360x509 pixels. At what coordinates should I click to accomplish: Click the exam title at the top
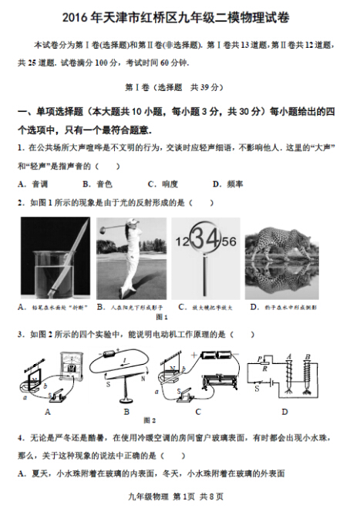click(179, 16)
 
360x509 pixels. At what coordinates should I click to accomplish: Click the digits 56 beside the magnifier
click(227, 241)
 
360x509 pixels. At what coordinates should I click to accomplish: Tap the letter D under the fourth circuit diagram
click(284, 410)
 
